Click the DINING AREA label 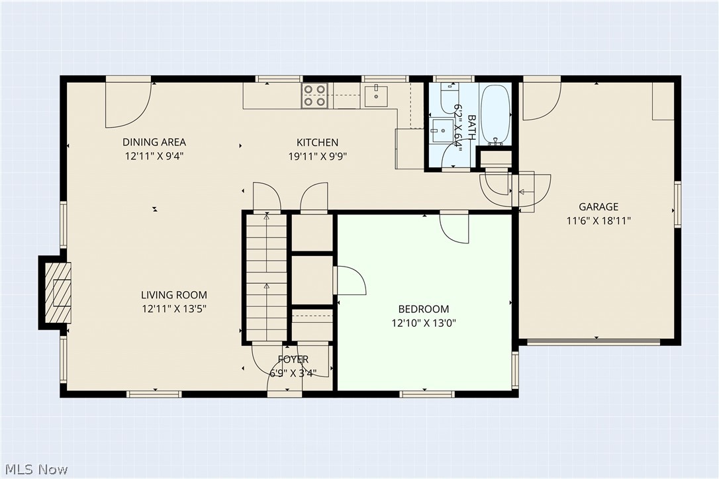154,142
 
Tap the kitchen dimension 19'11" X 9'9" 317,156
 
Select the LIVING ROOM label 173,294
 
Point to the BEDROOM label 423,309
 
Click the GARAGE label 599,206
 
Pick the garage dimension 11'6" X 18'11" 599,221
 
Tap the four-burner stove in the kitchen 314,95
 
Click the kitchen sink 376,92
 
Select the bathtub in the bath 495,114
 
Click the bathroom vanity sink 443,130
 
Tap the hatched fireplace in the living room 58,292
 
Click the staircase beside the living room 267,277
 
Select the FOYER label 293,359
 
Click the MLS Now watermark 36,469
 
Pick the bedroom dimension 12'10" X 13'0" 423,323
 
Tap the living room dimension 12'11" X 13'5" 173,309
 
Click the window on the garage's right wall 677,204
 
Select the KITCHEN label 317,142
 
